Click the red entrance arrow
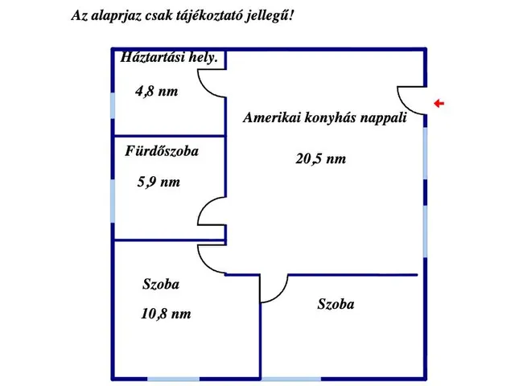coord(439,104)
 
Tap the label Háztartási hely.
coord(169,57)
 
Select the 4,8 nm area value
coord(156,91)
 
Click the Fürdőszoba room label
coord(162,151)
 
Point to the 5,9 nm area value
coord(159,182)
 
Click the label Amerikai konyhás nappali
coord(325,117)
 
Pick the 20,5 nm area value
coord(320,159)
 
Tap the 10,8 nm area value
coord(166,314)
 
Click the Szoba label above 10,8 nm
coord(161,284)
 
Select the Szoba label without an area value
coord(336,304)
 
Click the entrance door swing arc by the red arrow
coord(405,105)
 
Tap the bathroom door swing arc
coord(204,204)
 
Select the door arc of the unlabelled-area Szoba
coord(280,294)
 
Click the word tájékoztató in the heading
coord(205,16)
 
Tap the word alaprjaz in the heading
coord(116,16)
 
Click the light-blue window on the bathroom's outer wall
coord(113,201)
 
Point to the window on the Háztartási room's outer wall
coord(113,105)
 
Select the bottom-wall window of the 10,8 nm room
coord(173,379)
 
